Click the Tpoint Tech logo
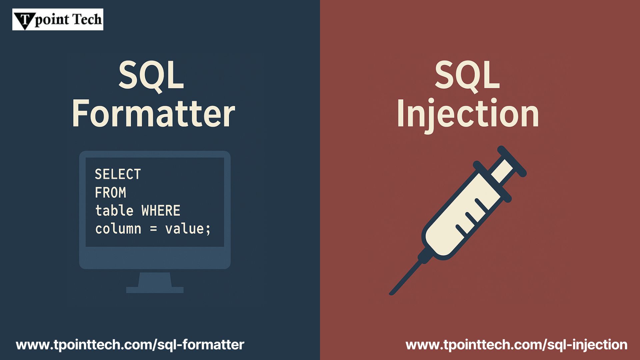point(58,19)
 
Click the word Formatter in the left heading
point(154,113)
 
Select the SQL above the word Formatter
point(151,75)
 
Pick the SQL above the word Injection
point(467,75)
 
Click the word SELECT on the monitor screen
point(118,174)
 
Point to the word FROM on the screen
point(111,193)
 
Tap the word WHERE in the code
point(161,211)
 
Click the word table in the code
point(114,211)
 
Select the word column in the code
point(118,229)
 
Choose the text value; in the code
point(188,229)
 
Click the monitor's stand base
point(155,290)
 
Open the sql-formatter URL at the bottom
point(130,345)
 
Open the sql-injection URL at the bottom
point(516,345)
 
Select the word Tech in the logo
point(87,19)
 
